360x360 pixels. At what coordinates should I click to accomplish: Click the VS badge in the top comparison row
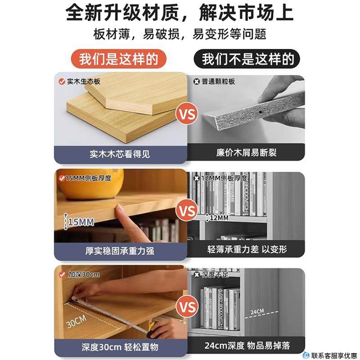tap(188, 114)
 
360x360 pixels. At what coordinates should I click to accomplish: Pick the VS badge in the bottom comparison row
tap(188, 307)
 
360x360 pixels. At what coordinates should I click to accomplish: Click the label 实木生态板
tap(83, 82)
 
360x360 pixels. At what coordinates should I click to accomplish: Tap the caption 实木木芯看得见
tap(120, 154)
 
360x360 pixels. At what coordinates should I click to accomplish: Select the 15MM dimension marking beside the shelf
tap(81, 222)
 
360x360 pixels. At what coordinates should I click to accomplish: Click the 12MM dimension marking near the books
tap(219, 218)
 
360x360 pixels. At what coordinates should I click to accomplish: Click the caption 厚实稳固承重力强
tap(120, 251)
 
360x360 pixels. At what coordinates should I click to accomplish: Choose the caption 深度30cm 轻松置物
tap(120, 347)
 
